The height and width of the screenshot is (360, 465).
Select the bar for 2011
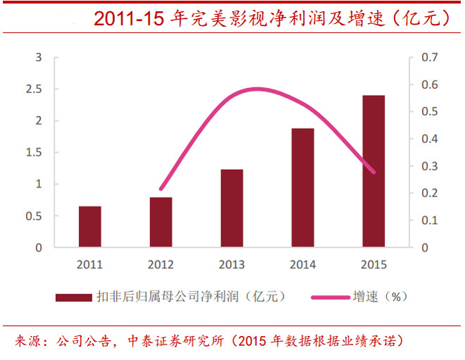click(89, 227)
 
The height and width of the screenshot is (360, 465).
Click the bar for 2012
click(161, 223)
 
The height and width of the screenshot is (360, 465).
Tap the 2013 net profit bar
click(232, 209)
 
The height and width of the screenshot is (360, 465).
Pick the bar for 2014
click(303, 188)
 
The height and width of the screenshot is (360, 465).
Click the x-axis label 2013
click(232, 265)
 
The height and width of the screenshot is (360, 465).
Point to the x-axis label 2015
click(374, 265)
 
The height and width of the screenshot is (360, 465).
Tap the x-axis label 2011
click(89, 265)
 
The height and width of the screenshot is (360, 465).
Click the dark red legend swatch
click(73, 297)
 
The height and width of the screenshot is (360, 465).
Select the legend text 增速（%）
click(380, 297)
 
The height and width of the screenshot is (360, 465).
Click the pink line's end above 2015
click(374, 172)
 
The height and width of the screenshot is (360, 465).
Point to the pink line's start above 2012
click(161, 190)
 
